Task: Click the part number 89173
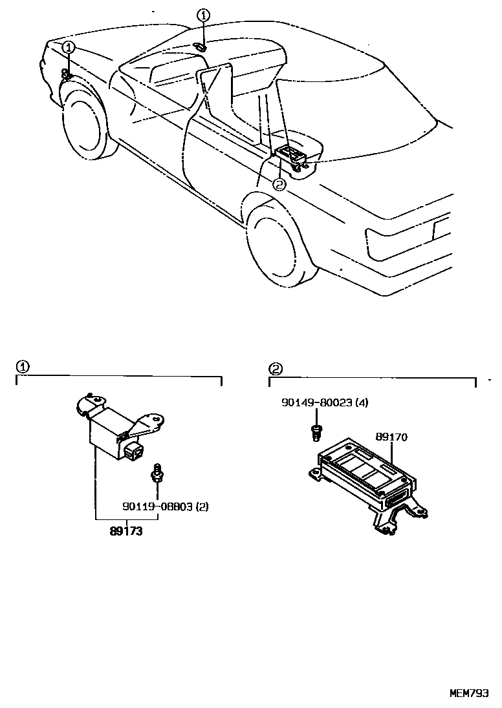coord(125,533)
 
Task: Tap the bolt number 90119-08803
coord(157,506)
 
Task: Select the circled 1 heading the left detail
coord(22,367)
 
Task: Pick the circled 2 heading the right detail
coord(276,369)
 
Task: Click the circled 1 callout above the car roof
coord(203,15)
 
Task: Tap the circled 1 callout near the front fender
coord(69,47)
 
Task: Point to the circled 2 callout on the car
coord(279,184)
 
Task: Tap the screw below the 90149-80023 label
coord(316,432)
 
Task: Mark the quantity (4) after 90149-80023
coord(362,402)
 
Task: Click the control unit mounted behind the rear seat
coord(292,155)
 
